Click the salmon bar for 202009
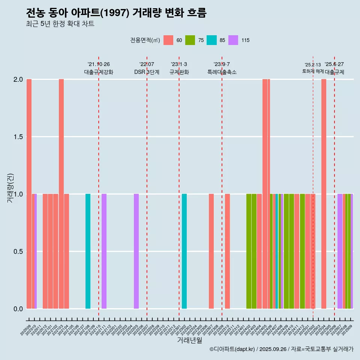[29, 193]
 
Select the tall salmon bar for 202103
[61, 193]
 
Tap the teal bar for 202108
[88, 251]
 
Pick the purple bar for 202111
[104, 251]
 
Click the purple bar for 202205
[136, 251]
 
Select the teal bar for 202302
[184, 251]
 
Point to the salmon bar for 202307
[211, 251]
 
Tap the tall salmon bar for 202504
[324, 193]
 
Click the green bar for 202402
[249, 251]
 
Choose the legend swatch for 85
[211, 40]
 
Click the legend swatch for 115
[233, 40]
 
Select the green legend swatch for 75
[190, 40]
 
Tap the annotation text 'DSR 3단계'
[147, 72]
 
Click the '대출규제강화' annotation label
[98, 72]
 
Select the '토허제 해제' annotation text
[313, 71]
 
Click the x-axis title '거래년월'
[189, 340]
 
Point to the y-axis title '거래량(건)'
[10, 188]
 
